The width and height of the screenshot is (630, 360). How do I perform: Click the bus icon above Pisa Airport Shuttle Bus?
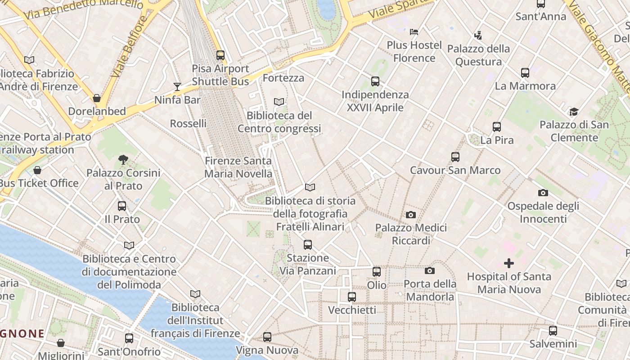(220, 55)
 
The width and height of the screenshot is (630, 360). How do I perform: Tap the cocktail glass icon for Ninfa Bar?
(177, 87)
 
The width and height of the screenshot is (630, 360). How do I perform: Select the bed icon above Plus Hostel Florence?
(414, 32)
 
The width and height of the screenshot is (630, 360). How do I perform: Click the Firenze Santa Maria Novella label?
(238, 167)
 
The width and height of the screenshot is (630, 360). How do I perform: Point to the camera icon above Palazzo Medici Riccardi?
(410, 215)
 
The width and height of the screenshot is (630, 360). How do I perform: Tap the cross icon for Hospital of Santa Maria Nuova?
(509, 263)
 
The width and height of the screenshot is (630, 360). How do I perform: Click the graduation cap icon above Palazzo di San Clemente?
(574, 112)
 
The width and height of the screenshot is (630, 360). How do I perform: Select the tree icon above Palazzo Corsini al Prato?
(123, 159)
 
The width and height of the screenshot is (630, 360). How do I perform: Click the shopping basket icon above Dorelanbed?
(97, 98)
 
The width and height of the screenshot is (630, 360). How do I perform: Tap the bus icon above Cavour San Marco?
(455, 157)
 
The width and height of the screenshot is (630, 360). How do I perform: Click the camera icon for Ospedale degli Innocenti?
(543, 193)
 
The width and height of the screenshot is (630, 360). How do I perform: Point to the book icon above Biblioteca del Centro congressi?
(279, 102)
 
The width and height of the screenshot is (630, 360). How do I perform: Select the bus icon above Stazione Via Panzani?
(308, 245)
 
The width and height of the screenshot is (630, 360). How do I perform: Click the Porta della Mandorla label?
(430, 290)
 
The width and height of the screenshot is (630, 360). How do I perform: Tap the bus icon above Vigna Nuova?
(267, 337)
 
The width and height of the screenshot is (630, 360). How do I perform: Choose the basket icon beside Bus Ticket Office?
(37, 170)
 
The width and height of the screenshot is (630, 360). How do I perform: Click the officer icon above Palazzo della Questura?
(478, 35)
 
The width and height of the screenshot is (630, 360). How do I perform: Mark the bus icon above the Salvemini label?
(553, 331)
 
